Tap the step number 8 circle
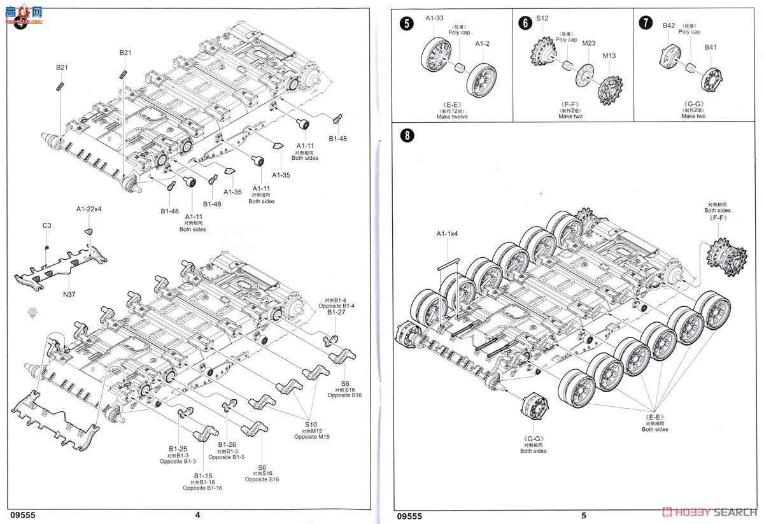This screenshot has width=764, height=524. tap(406, 136)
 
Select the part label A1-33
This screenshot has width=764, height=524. tap(434, 18)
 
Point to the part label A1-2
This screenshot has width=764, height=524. tap(483, 43)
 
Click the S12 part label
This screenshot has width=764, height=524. tap(542, 18)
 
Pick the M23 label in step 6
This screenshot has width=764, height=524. tap(588, 43)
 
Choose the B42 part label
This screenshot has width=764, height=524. tap(668, 25)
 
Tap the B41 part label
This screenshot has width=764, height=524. tap(711, 47)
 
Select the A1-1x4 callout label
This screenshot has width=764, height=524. tap(448, 234)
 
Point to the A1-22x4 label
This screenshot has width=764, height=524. tap(89, 209)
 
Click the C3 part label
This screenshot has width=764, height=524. tap(47, 225)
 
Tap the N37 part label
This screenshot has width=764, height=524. tap(68, 294)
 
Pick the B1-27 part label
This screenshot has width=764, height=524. tap(336, 313)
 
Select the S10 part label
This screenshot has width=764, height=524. tap(310, 424)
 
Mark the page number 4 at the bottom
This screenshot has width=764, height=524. tap(197, 515)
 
